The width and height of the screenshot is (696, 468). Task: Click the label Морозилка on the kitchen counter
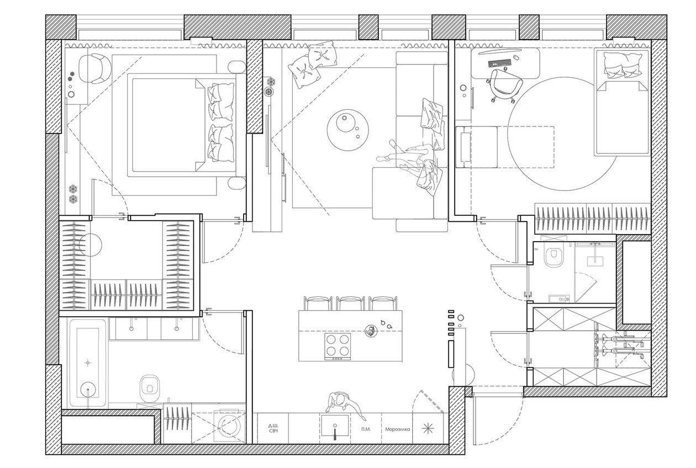(397, 429)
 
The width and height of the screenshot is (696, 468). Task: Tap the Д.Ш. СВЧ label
(273, 428)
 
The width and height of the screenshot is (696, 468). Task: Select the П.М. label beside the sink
(366, 429)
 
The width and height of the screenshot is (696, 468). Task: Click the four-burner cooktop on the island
(338, 347)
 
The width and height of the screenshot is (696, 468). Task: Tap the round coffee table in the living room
(348, 130)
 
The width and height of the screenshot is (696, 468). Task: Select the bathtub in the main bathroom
(88, 363)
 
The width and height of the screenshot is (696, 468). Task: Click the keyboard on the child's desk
(499, 63)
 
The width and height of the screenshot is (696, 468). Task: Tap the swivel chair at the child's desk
(504, 85)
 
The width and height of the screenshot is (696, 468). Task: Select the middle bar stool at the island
(350, 303)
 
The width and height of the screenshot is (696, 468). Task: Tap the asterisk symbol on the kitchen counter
(428, 429)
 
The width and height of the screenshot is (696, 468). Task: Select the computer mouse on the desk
(516, 57)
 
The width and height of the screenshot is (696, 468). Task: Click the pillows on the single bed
(623, 65)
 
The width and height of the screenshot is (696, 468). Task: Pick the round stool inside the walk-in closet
(91, 245)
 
